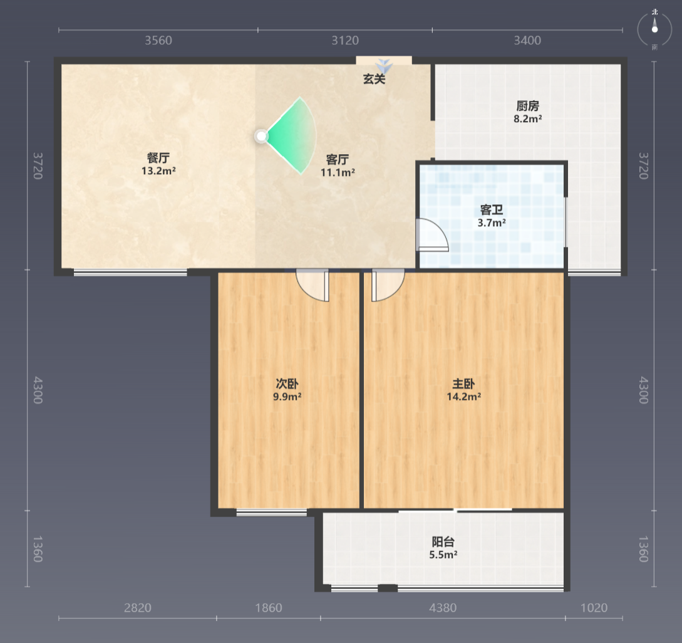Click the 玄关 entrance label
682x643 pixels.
tap(374, 79)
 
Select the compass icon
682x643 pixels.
tap(654, 29)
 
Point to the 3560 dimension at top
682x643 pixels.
tap(158, 41)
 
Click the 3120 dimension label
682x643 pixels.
tap(345, 41)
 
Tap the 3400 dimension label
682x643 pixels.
tap(527, 41)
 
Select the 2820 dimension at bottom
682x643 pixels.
tap(137, 608)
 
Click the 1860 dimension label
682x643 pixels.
tap(269, 608)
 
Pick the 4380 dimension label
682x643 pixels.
tap(443, 608)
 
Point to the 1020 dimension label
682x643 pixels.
tap(594, 608)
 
